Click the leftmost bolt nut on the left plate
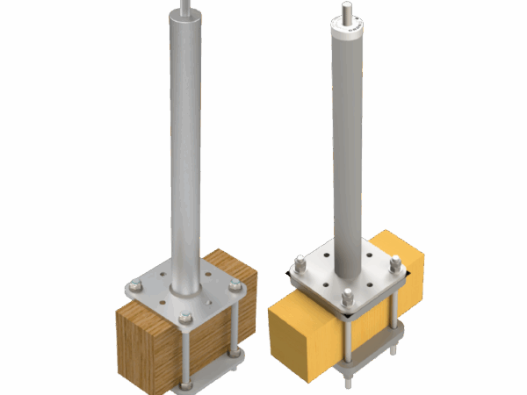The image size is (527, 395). click(x=134, y=284)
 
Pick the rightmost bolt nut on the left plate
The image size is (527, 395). click(x=235, y=287)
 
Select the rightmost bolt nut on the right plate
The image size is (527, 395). click(x=395, y=262)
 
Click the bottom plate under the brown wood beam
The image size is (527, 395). click(x=206, y=376)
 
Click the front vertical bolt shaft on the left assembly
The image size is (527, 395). click(x=186, y=351)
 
